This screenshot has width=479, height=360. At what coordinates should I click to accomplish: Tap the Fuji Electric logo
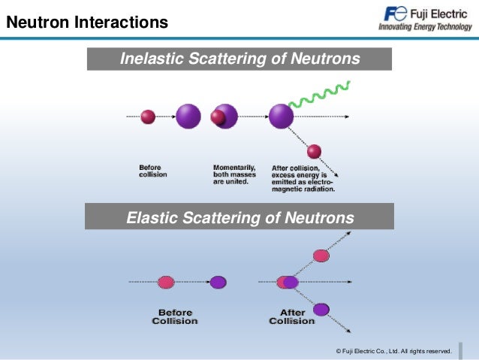[424, 14]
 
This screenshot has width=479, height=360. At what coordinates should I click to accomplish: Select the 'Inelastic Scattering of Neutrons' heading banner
[239, 59]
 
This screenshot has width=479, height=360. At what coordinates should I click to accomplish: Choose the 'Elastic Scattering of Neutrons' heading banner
[239, 218]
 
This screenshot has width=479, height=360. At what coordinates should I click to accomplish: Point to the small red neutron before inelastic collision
[148, 116]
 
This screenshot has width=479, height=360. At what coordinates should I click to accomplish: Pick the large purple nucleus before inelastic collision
[188, 116]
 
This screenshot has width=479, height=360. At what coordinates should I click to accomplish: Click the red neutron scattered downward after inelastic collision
[314, 151]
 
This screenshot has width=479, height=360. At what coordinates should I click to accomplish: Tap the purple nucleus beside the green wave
[282, 116]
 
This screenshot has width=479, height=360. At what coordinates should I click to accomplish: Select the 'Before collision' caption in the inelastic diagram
[153, 171]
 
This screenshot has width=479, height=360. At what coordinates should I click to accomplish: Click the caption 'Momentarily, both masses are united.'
[235, 174]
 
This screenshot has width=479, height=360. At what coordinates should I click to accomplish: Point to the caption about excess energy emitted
[303, 177]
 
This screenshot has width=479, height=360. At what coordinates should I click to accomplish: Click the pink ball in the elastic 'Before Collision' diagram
[166, 283]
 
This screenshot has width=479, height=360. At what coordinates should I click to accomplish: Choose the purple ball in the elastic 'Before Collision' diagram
[218, 283]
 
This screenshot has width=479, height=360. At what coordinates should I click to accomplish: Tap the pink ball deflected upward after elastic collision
[321, 256]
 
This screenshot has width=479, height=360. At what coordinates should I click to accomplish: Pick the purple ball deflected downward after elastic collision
[321, 309]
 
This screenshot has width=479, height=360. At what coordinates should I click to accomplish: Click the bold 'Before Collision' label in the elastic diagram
[174, 316]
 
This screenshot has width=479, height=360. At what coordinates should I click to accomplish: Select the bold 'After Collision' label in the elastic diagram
[292, 316]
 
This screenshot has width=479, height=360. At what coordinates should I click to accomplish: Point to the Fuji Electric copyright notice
[393, 351]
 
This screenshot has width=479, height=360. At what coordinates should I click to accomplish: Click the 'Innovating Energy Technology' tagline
[425, 27]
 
